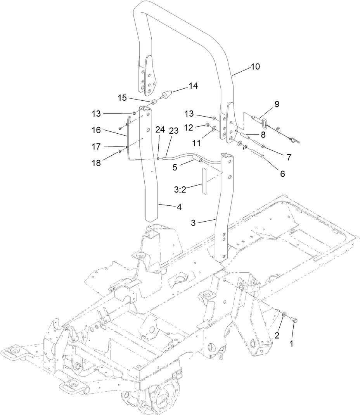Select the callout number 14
(x=193, y=86)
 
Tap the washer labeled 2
(x=284, y=314)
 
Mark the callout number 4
(x=179, y=207)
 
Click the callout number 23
(x=173, y=131)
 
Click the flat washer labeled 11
(x=214, y=127)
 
